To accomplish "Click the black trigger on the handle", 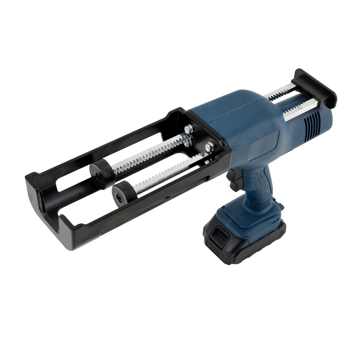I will [234, 180].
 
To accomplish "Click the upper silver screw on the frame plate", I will [188, 129].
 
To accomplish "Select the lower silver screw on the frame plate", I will [208, 147].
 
